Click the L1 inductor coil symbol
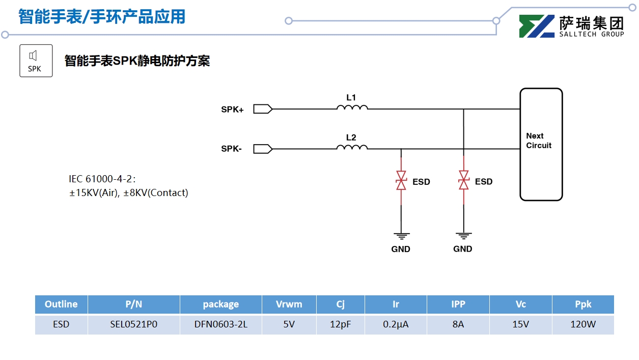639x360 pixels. click(x=352, y=107)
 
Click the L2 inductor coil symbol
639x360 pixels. click(x=352, y=147)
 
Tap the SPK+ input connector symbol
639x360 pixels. click(x=263, y=108)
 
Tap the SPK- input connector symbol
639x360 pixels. click(x=263, y=149)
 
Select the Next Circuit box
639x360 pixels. click(x=541, y=145)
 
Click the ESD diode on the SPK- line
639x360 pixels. click(x=401, y=181)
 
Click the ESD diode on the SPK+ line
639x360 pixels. click(x=463, y=181)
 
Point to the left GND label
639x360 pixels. click(x=401, y=249)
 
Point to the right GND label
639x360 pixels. click(x=463, y=249)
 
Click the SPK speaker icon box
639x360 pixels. click(x=36, y=61)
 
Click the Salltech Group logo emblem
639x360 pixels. click(x=537, y=26)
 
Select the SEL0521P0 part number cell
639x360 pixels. click(x=134, y=324)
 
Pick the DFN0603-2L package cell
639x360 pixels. click(x=221, y=324)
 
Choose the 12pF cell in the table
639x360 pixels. click(x=341, y=324)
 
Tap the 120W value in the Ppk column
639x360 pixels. click(x=583, y=324)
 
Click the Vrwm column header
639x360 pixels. click(x=289, y=304)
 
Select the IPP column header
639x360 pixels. click(x=458, y=304)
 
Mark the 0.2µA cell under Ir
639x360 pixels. click(x=396, y=324)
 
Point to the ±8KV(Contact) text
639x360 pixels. click(x=156, y=193)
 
